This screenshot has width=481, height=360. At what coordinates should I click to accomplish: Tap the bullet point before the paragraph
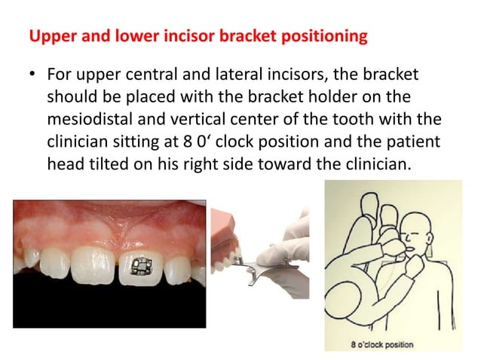[x=32, y=77]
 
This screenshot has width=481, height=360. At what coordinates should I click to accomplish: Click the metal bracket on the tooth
[x=139, y=266]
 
